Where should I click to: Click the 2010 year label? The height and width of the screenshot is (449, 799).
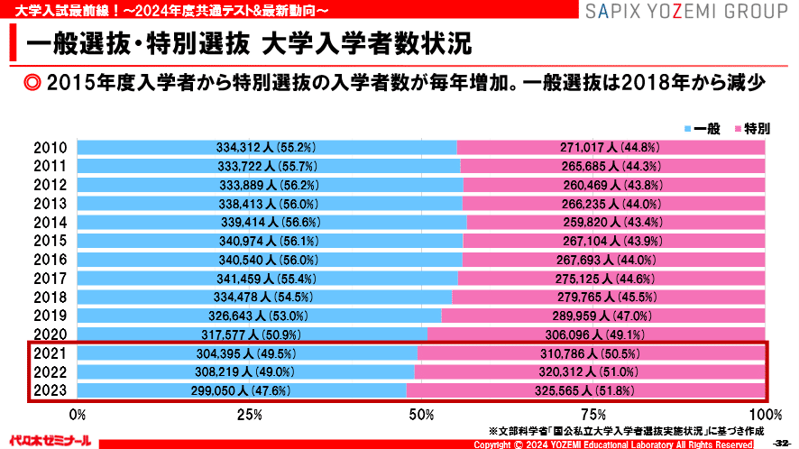(x=50, y=148)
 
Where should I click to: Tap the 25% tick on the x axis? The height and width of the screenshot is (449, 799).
(x=249, y=415)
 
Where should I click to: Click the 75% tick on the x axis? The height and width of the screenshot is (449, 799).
(x=593, y=415)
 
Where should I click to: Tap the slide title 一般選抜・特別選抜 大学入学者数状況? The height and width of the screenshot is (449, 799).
(x=249, y=42)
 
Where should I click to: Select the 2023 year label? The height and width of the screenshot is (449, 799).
(x=50, y=390)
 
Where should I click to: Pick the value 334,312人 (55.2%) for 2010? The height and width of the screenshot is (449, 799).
(x=263, y=148)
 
